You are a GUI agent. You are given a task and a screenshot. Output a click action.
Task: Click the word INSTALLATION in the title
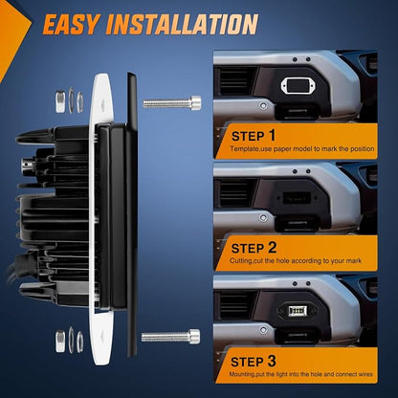(182, 24)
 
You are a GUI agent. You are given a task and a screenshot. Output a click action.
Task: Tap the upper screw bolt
(172, 103)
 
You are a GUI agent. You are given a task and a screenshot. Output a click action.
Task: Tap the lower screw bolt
(171, 337)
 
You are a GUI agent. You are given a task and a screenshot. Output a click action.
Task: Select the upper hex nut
(60, 101)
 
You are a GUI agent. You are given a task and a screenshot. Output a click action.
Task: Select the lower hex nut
(60, 342)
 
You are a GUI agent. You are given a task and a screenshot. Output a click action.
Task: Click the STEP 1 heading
(254, 136)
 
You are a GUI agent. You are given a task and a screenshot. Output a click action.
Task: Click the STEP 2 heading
(254, 248)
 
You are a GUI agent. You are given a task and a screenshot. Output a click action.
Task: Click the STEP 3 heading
(254, 362)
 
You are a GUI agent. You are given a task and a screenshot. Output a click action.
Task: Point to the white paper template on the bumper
(295, 86)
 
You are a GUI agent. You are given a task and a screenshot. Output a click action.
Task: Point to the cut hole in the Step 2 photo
(297, 198)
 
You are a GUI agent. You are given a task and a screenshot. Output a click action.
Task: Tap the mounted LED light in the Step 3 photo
(297, 311)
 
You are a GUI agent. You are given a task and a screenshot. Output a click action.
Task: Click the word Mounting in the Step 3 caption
(241, 374)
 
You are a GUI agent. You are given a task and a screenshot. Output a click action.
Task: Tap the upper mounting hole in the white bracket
(103, 103)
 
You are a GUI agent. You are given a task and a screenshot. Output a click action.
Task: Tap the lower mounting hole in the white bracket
(102, 336)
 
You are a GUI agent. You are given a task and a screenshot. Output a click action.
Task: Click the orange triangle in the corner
(12, 35)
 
